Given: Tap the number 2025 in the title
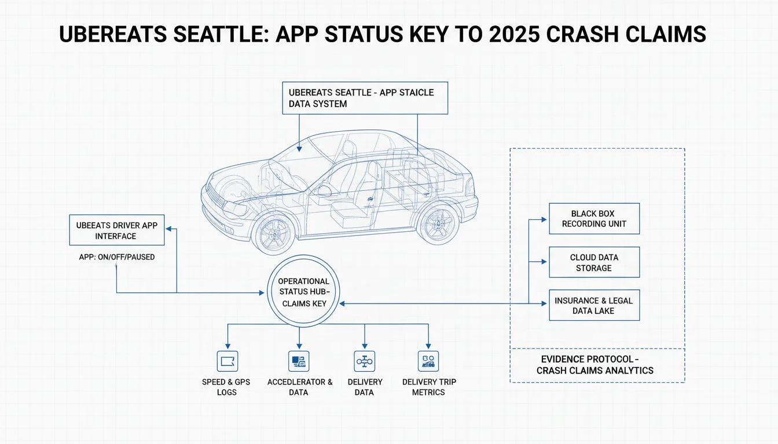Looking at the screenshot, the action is point(515,34).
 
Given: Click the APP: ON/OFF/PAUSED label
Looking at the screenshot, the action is point(117,257).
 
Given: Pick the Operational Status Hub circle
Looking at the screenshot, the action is point(303,256).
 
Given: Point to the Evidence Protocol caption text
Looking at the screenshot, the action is point(594,365).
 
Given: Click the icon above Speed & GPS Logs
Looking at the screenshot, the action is point(227,361).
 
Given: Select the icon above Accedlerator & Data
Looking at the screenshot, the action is point(299,361).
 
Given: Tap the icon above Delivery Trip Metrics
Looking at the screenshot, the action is point(428,361).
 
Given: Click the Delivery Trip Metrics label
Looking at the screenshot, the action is point(429,387).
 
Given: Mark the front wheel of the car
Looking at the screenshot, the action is point(274,234).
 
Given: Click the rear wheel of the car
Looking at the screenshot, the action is point(438,223).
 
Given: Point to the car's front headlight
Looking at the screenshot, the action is point(235,208).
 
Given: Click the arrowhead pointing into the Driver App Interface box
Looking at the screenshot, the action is point(169,229).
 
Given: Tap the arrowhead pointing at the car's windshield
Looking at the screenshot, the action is point(299,149).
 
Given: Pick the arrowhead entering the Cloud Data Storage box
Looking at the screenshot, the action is point(544,262).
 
